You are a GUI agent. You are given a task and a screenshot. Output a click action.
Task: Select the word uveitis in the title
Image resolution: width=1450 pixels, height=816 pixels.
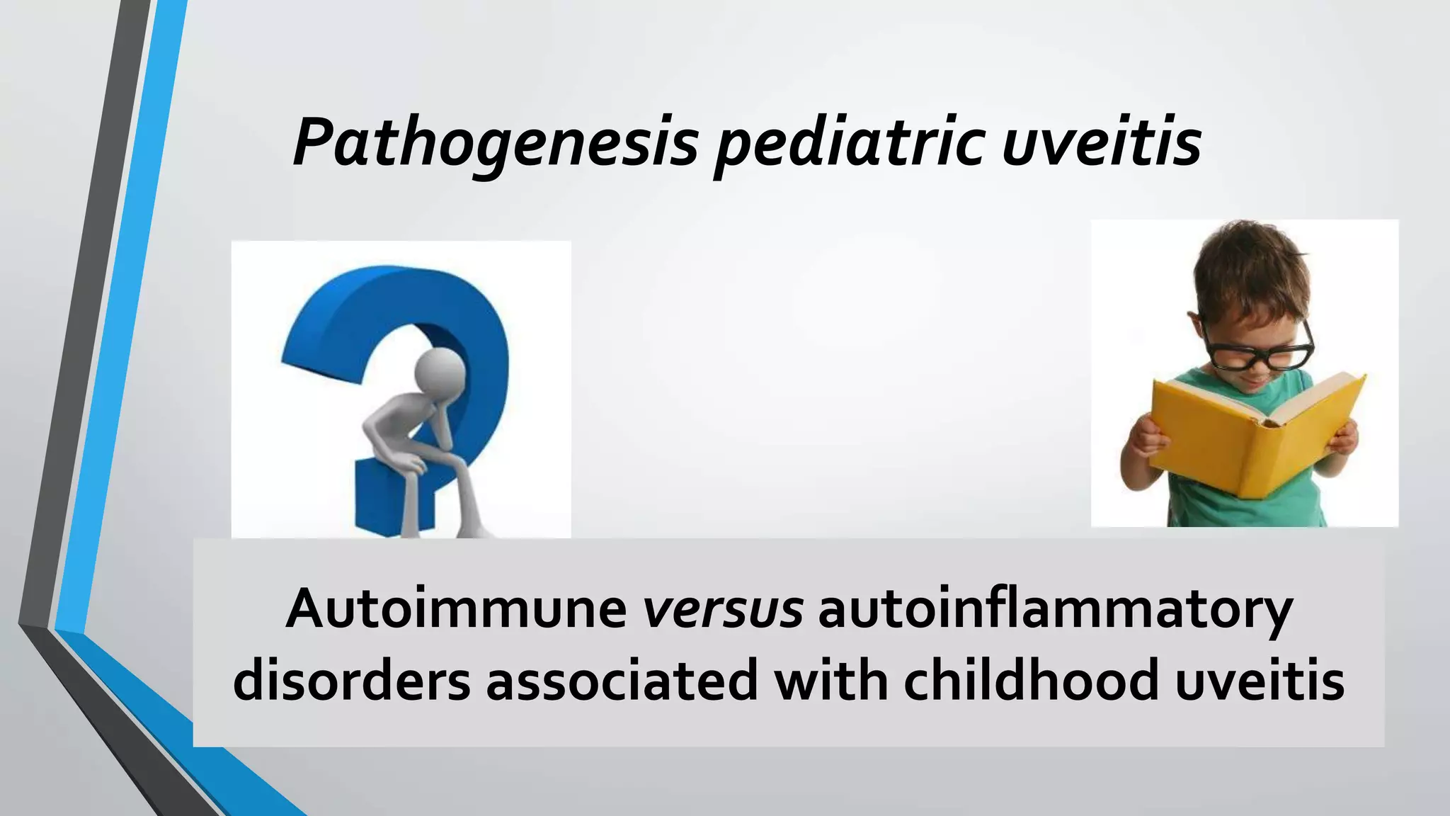[1102, 142]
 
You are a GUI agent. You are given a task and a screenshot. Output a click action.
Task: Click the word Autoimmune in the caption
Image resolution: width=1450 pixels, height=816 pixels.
[457, 609]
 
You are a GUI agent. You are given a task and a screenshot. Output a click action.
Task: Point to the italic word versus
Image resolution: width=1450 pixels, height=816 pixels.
[722, 609]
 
